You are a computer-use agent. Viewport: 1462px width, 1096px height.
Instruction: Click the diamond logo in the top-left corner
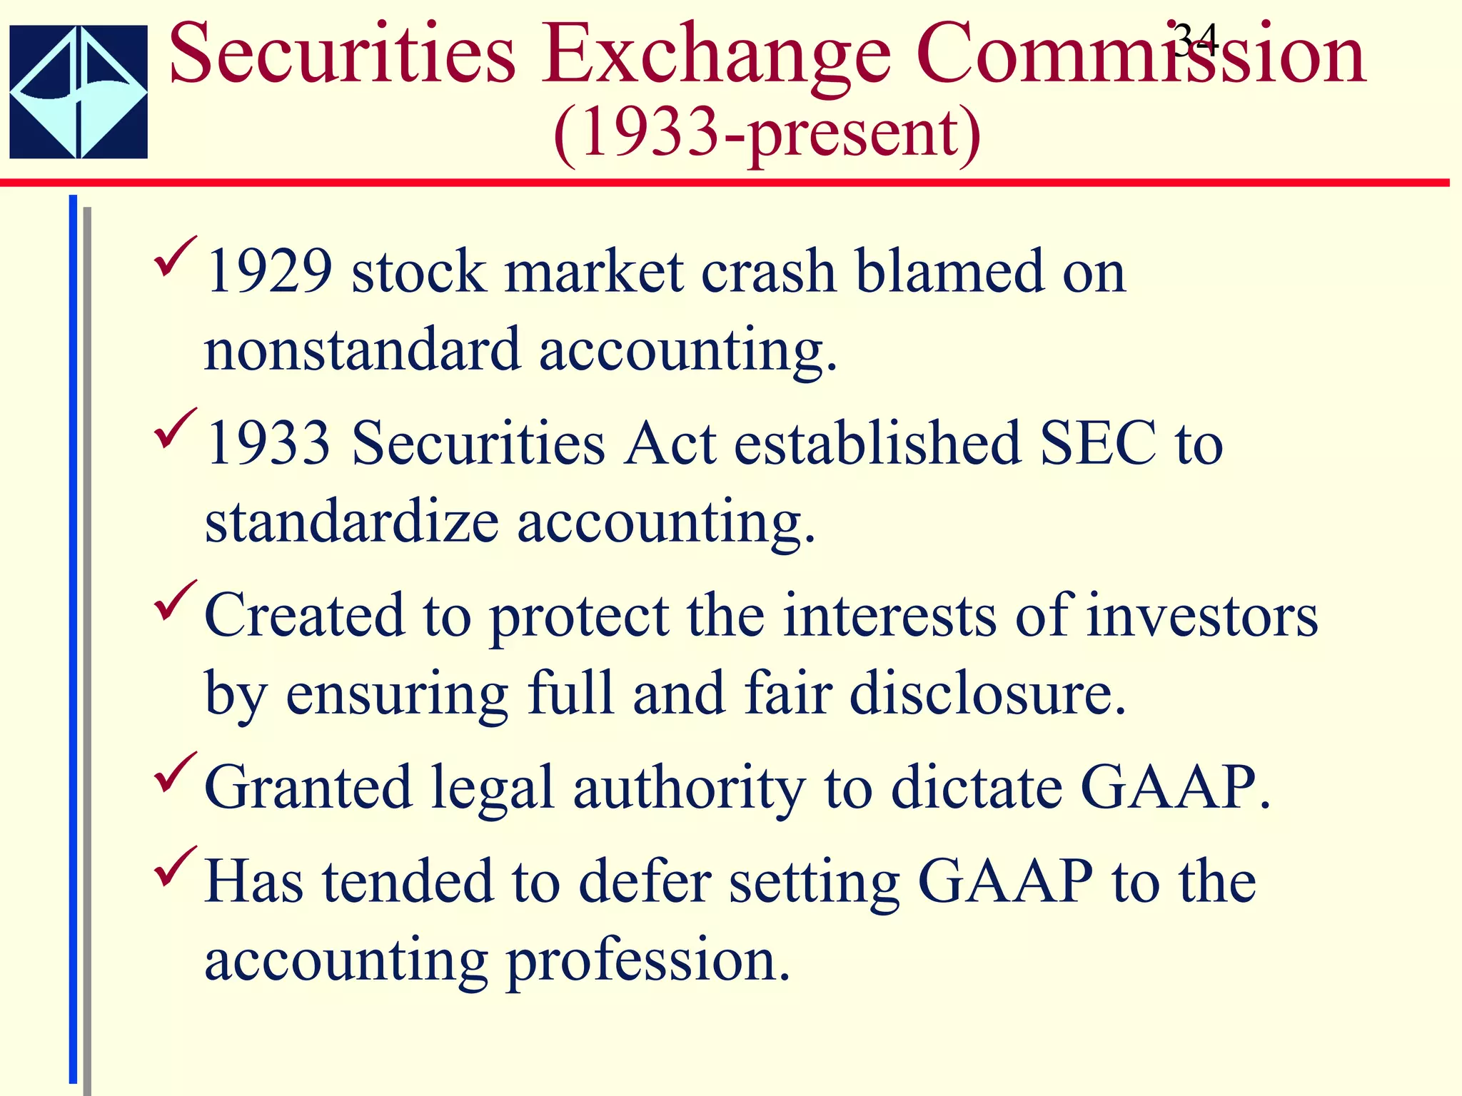pos(79,91)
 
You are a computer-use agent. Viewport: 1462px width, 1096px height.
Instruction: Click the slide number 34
pos(1195,40)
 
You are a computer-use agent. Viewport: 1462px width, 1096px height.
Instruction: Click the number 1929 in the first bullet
pos(269,272)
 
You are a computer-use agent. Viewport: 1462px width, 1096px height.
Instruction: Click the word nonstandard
pos(362,350)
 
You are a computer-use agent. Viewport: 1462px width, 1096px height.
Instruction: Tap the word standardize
pos(351,522)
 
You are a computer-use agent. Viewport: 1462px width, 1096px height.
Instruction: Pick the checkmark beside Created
pos(174,601)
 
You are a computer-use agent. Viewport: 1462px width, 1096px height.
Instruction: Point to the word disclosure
pos(987,694)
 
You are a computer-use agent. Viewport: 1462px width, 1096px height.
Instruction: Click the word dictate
pos(977,788)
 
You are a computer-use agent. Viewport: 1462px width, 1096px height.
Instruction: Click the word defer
pos(645,881)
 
